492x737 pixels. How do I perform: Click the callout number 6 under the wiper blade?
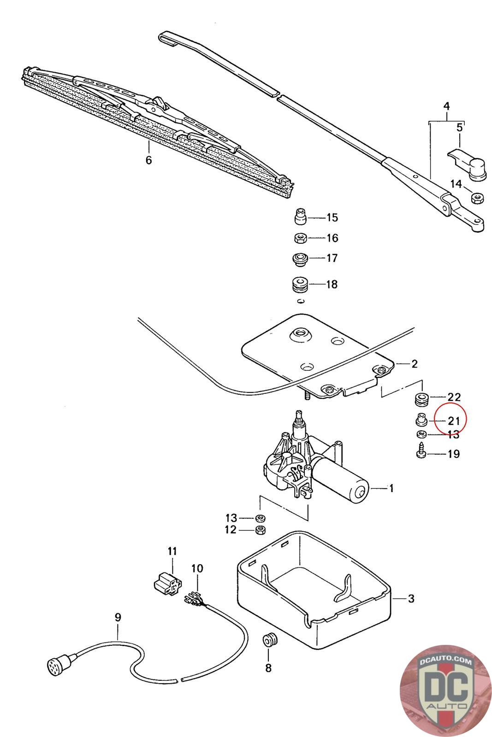[x=149, y=160]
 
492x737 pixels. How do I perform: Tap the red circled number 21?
[x=453, y=421]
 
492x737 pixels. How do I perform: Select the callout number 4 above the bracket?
[x=446, y=106]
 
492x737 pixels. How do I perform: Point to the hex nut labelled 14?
[x=477, y=198]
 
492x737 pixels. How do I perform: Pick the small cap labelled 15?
[x=300, y=216]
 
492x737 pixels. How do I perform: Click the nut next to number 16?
[x=300, y=238]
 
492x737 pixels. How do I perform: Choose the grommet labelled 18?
[x=300, y=285]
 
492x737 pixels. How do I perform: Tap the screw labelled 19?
[x=421, y=450]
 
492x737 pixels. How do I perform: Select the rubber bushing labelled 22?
[x=421, y=399]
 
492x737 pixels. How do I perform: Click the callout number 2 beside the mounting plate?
[x=414, y=364]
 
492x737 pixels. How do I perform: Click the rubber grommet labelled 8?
[x=270, y=640]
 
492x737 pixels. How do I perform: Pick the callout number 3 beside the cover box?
[x=411, y=598]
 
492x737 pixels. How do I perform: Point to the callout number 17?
[x=332, y=258]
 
